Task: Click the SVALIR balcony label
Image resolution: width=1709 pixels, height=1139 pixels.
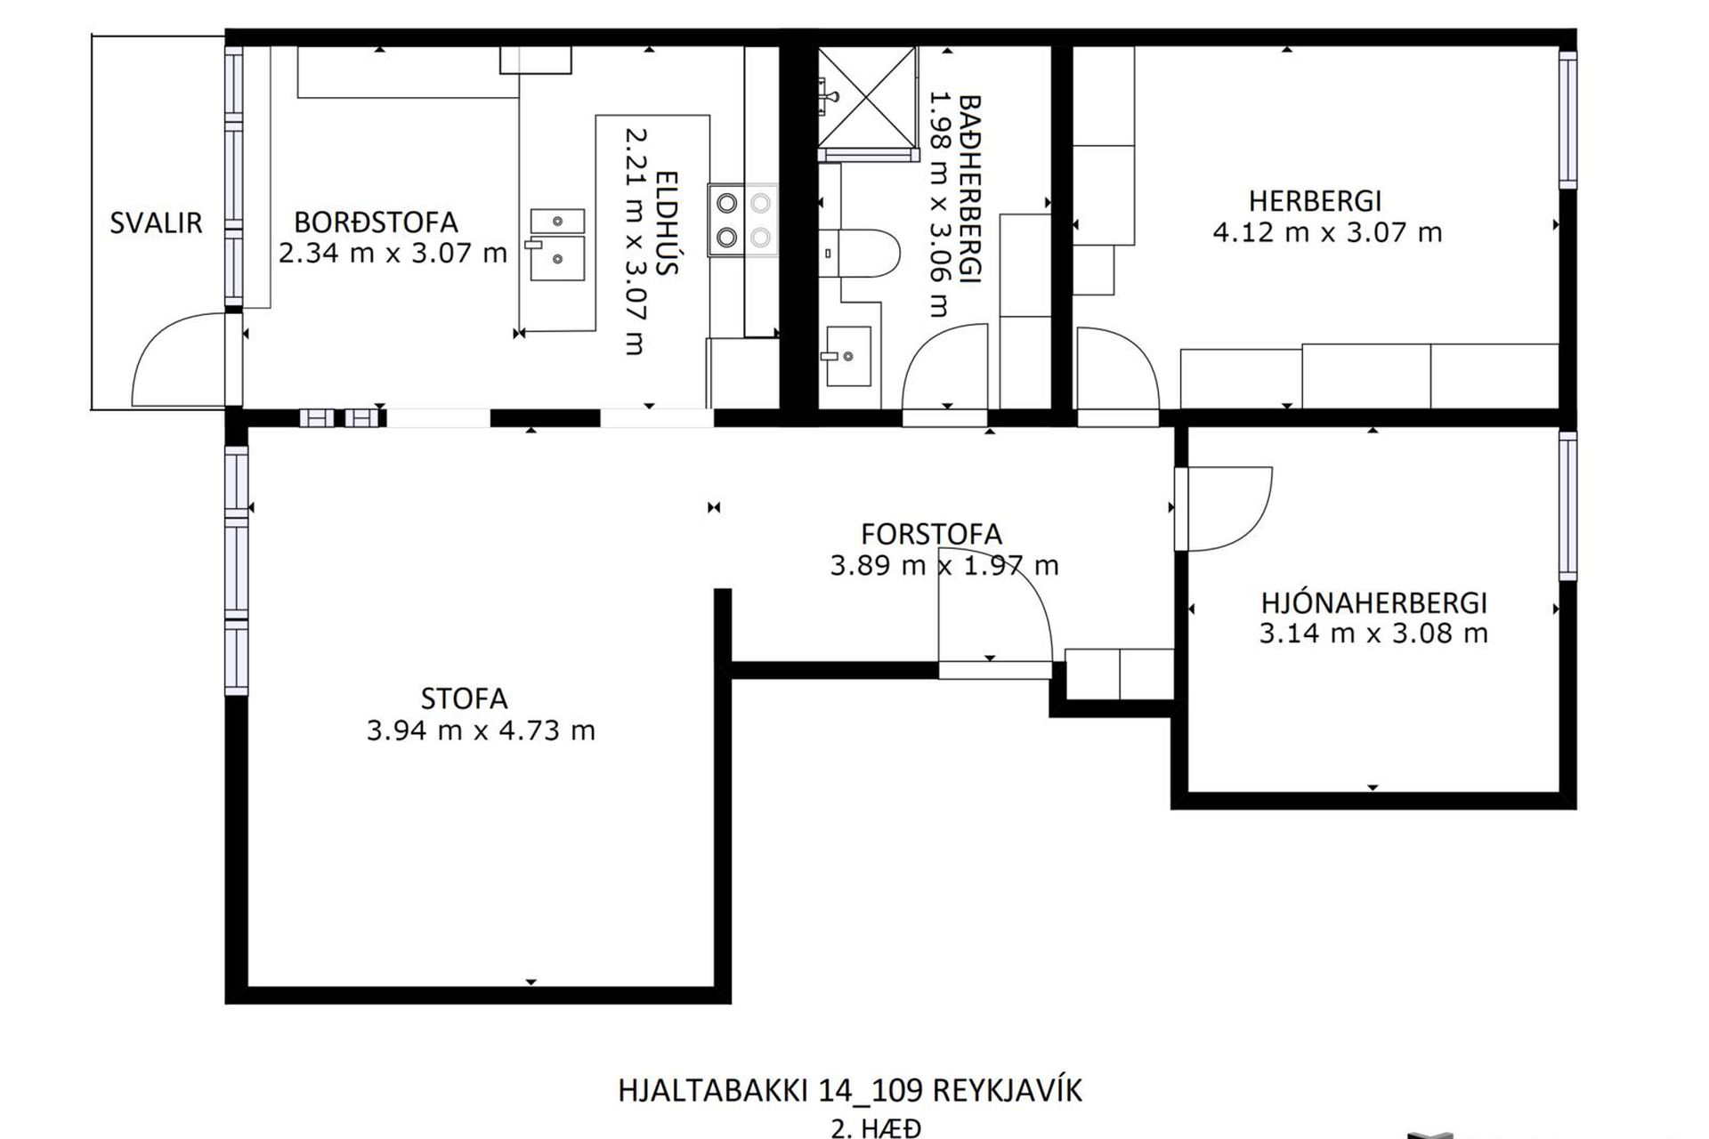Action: [x=156, y=222]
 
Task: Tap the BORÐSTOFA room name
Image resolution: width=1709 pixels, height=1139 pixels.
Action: [x=376, y=222]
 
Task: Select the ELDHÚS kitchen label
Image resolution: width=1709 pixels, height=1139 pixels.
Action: [x=667, y=222]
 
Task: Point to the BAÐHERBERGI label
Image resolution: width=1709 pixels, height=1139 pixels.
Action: [x=969, y=189]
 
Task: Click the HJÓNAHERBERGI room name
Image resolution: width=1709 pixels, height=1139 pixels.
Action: [x=1373, y=603]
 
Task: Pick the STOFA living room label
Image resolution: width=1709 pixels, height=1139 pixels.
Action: [x=464, y=699]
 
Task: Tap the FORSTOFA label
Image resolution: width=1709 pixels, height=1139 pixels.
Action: [x=931, y=534]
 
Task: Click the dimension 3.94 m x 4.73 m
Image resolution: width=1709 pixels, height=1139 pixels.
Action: [x=481, y=731]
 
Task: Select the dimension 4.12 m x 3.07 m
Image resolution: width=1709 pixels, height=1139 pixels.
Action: [x=1327, y=233]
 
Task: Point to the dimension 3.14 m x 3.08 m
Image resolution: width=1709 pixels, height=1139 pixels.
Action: [x=1373, y=634]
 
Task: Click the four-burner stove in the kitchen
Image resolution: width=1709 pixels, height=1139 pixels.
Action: [x=743, y=220]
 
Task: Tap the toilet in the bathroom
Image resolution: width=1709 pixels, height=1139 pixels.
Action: [x=860, y=254]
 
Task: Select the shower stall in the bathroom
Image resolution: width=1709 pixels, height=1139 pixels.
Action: [x=867, y=98]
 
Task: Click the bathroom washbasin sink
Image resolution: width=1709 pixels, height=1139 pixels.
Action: [x=848, y=356]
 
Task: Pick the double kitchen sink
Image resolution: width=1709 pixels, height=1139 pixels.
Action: [x=557, y=244]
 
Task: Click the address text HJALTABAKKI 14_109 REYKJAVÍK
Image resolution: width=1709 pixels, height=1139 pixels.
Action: [x=850, y=1091]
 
